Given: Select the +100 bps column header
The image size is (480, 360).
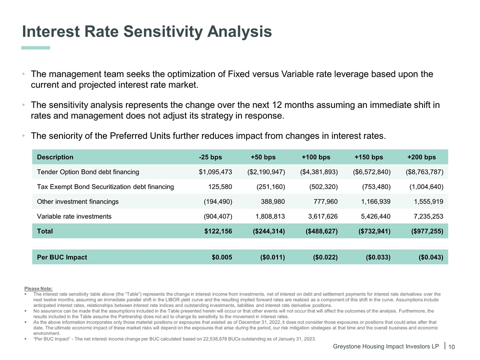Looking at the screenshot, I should click(x=316, y=157).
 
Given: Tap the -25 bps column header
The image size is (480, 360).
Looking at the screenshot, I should click(x=210, y=157).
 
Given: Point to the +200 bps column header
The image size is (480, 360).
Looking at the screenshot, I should click(x=421, y=157).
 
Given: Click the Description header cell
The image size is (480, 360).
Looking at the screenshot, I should click(x=55, y=157).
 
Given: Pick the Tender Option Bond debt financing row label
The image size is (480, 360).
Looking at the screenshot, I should click(x=88, y=172).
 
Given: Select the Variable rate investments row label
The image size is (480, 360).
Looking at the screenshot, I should click(x=74, y=216).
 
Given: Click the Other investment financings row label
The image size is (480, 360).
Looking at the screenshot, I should click(x=78, y=201).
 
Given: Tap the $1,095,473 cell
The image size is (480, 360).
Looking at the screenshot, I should click(x=215, y=172).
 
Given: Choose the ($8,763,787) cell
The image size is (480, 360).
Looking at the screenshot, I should click(x=424, y=172).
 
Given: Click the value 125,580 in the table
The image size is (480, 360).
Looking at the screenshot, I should click(x=219, y=187).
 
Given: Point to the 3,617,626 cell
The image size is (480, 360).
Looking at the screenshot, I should click(x=320, y=216).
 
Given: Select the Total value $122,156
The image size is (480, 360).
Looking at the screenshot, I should click(x=218, y=231).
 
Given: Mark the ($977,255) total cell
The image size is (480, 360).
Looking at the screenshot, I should click(x=426, y=231).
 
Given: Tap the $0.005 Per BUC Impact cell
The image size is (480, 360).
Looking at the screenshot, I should click(x=222, y=257).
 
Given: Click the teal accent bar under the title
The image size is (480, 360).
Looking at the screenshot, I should click(x=36, y=48).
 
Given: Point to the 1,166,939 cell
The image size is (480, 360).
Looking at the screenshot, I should click(x=372, y=201).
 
